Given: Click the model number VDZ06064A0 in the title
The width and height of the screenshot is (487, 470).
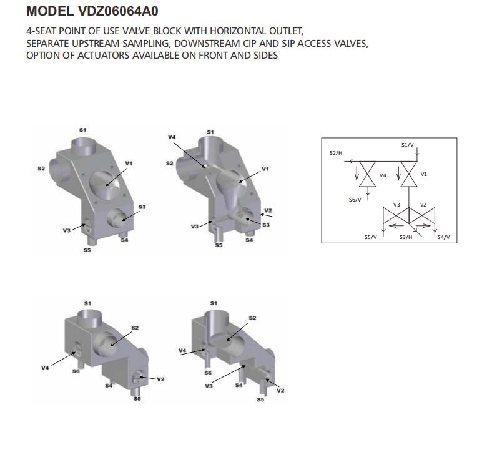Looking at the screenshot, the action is [x=119, y=11].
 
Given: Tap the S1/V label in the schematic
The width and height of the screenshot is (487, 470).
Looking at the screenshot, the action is [x=407, y=145].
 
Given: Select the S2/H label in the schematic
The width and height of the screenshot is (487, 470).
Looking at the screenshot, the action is [x=336, y=153].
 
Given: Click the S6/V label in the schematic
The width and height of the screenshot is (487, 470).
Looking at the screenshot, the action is [x=355, y=200].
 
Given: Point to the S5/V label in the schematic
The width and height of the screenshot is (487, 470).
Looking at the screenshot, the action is [x=370, y=237].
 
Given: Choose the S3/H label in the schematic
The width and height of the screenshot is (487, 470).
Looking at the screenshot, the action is [x=406, y=237].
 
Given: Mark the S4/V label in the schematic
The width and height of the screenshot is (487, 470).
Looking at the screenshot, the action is [x=443, y=237].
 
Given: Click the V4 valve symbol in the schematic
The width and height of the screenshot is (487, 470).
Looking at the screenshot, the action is [x=367, y=174].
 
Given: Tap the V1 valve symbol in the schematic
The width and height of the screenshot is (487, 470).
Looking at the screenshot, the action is [x=409, y=174].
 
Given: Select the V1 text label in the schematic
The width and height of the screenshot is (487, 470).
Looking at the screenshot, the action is [x=424, y=174].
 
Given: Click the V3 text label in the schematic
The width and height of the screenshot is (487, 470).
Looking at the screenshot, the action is [x=396, y=205].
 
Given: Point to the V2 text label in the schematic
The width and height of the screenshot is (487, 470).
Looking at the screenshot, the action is [x=423, y=205].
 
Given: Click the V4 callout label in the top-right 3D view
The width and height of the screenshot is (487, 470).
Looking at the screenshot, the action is [x=172, y=137].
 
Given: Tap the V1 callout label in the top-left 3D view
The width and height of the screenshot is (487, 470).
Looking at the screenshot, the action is [x=129, y=164].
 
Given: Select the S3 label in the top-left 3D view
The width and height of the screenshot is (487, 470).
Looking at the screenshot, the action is [x=142, y=207].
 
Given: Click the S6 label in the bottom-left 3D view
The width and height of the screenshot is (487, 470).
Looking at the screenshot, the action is [x=76, y=371].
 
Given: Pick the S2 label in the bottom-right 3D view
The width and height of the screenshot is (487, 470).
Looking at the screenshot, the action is [x=252, y=318].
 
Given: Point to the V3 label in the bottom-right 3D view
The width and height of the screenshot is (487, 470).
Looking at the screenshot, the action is [x=209, y=386].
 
